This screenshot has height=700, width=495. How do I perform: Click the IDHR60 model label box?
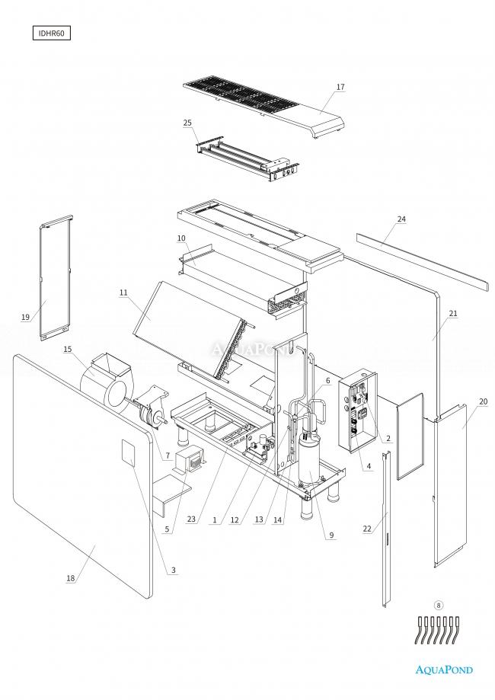53,34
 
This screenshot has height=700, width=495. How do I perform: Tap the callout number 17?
340,87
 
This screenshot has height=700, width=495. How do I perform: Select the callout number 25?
187,123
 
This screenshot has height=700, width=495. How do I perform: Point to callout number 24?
401,219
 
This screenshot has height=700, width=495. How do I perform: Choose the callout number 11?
123,292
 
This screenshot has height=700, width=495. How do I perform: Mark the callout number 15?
68,349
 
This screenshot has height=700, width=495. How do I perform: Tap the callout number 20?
483,401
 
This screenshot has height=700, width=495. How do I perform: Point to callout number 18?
71,578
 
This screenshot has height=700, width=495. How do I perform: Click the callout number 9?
331,535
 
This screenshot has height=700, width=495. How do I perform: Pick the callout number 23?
190,519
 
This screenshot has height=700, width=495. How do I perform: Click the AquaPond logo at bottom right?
443,670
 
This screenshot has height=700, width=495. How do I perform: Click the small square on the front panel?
128,454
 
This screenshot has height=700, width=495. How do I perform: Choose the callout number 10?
181,238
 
